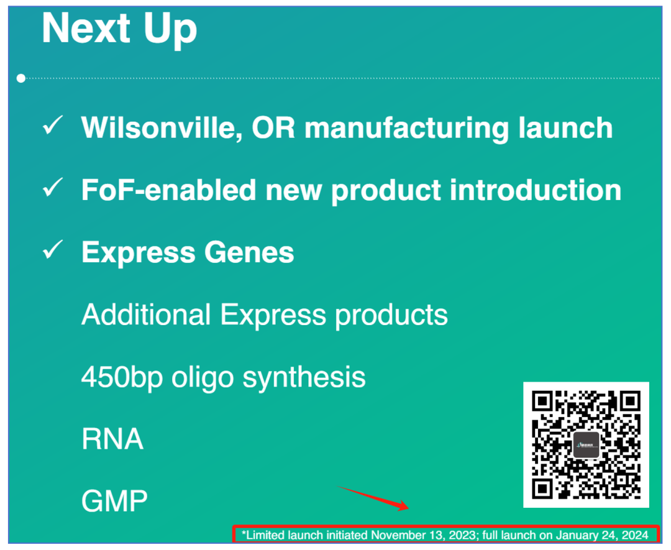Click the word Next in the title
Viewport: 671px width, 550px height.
(x=86, y=28)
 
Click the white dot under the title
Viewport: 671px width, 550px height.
(x=21, y=78)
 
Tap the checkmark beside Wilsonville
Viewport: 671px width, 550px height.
(x=53, y=126)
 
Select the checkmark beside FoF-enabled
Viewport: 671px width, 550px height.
(x=53, y=188)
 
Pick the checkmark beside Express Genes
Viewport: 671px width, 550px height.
(x=53, y=250)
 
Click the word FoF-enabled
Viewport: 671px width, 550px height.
(x=168, y=190)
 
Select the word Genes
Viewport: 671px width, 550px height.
(x=249, y=252)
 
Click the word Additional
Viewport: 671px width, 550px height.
(x=146, y=314)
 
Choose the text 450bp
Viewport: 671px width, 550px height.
(x=122, y=377)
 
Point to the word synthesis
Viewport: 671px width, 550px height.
(x=304, y=377)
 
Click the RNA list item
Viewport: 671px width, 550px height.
(x=112, y=439)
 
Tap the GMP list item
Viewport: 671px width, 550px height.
(x=114, y=501)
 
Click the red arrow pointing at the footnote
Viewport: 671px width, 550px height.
(x=373, y=498)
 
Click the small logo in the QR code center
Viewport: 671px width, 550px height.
(x=586, y=445)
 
